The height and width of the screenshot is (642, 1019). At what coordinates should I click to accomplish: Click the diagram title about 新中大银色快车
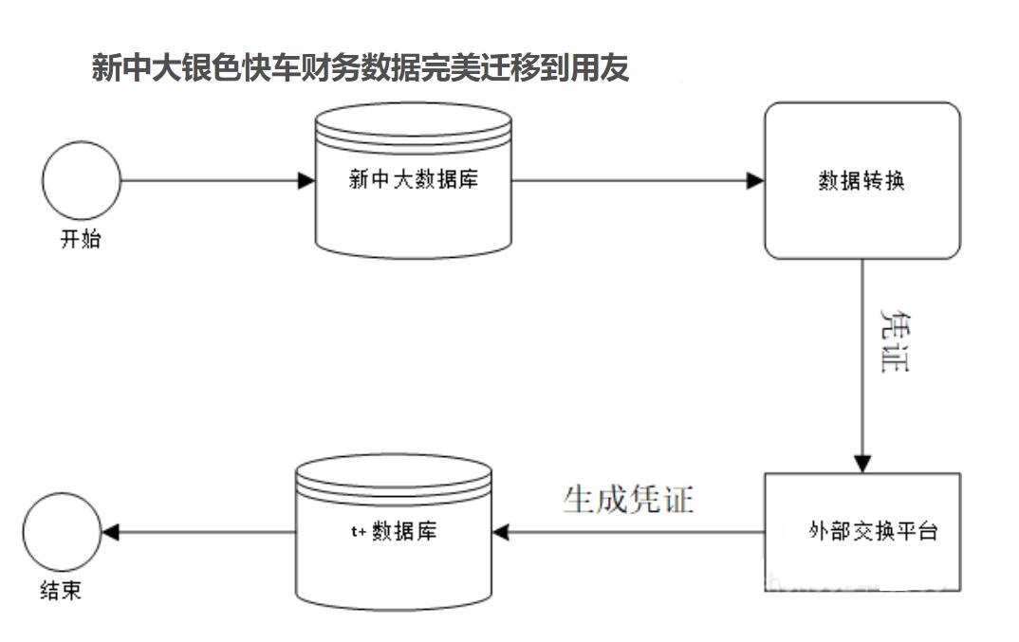(x=360, y=68)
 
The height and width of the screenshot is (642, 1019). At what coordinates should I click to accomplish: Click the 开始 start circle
(x=82, y=180)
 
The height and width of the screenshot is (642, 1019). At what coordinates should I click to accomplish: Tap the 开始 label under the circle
(x=81, y=239)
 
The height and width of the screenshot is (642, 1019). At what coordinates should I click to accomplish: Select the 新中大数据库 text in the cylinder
(x=413, y=179)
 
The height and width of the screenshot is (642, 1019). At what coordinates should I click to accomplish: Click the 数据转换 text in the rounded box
(x=862, y=180)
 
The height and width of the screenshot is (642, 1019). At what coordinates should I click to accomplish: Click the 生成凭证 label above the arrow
(x=628, y=499)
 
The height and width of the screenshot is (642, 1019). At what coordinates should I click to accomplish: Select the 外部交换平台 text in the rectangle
(x=873, y=531)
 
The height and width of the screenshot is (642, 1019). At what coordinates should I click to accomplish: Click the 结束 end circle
(x=62, y=532)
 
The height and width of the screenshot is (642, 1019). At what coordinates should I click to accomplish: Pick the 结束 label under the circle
(x=61, y=590)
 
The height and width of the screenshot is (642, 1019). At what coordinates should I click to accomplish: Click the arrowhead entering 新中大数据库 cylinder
(x=306, y=180)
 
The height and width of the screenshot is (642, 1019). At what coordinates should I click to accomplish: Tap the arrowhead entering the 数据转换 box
(x=756, y=180)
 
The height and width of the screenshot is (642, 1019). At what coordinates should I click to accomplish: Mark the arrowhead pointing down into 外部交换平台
(x=862, y=463)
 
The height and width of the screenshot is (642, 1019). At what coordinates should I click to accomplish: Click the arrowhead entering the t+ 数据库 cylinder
(x=500, y=532)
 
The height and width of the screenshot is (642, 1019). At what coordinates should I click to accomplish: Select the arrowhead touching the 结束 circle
(x=109, y=532)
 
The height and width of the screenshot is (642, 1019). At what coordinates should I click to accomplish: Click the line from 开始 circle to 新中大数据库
(x=209, y=180)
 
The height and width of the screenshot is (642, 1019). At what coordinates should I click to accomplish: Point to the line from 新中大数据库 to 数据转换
(x=631, y=180)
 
